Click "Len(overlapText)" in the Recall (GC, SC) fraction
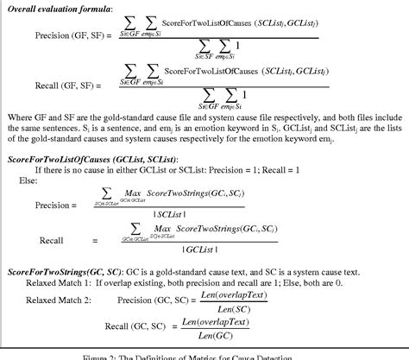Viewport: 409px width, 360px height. coord(213,322)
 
